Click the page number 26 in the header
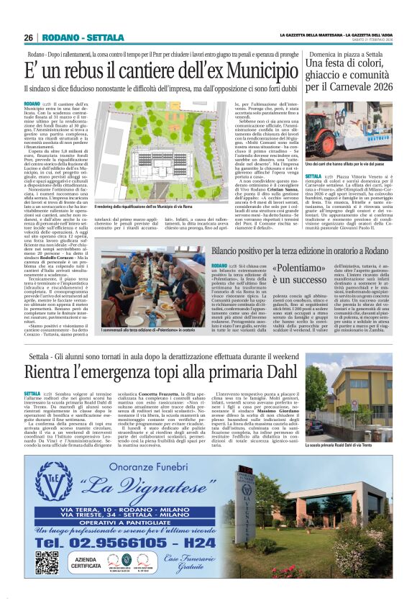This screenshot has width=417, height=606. [x=29, y=37]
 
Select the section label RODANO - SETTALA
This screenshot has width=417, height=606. [x=74, y=37]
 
